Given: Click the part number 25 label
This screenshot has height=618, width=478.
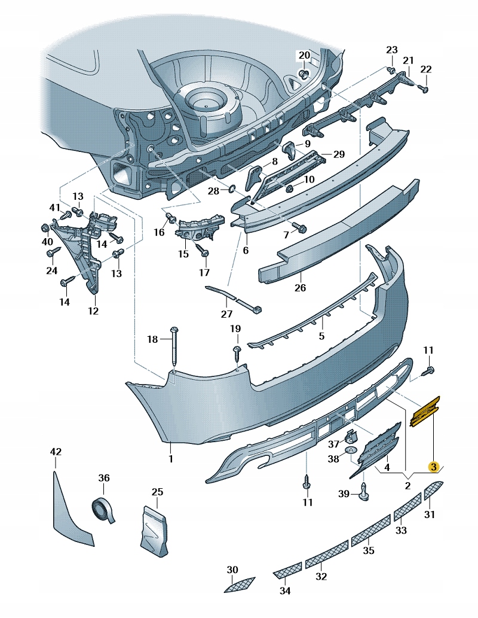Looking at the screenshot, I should point(157,492).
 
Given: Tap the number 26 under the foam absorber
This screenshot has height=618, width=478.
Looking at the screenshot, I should point(300,288).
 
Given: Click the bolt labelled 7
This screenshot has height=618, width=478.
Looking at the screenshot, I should point(301,228).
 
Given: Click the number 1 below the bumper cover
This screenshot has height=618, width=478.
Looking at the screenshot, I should point(170,459).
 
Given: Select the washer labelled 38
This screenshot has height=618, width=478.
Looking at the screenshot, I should point(352,450).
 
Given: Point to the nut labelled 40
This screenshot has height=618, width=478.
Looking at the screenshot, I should point(46,227).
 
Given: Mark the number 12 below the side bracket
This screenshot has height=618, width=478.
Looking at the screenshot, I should point(93,310).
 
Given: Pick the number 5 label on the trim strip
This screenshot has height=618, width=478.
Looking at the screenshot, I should point(321,336).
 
